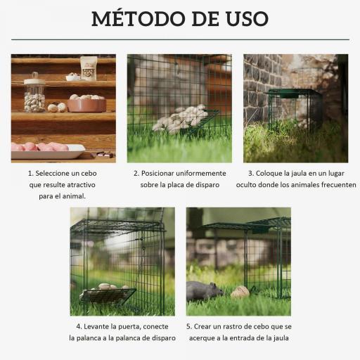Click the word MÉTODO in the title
[x=134, y=18]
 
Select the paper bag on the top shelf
[x=89, y=67]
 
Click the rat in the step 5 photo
[x=203, y=290]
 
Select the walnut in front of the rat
[x=240, y=292]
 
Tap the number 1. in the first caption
[x=31, y=173]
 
